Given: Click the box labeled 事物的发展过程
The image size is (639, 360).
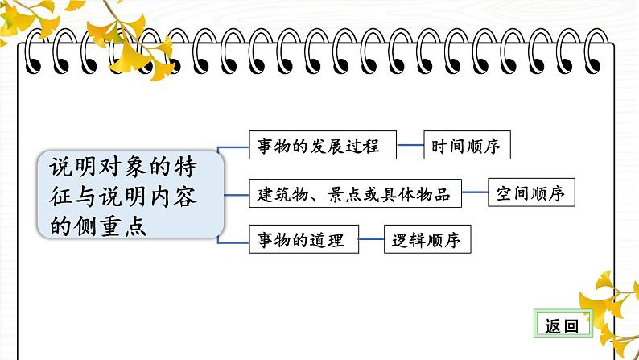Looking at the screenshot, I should [x=324, y=147].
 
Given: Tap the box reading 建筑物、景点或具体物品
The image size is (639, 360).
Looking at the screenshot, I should [x=355, y=193].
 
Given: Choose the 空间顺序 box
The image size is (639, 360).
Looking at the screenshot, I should [x=531, y=193].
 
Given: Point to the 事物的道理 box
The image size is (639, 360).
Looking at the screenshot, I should [x=303, y=240].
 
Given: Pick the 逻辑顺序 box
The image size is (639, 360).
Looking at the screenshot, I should [x=427, y=240].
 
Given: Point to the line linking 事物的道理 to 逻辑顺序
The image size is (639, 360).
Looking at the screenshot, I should [x=371, y=240].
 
